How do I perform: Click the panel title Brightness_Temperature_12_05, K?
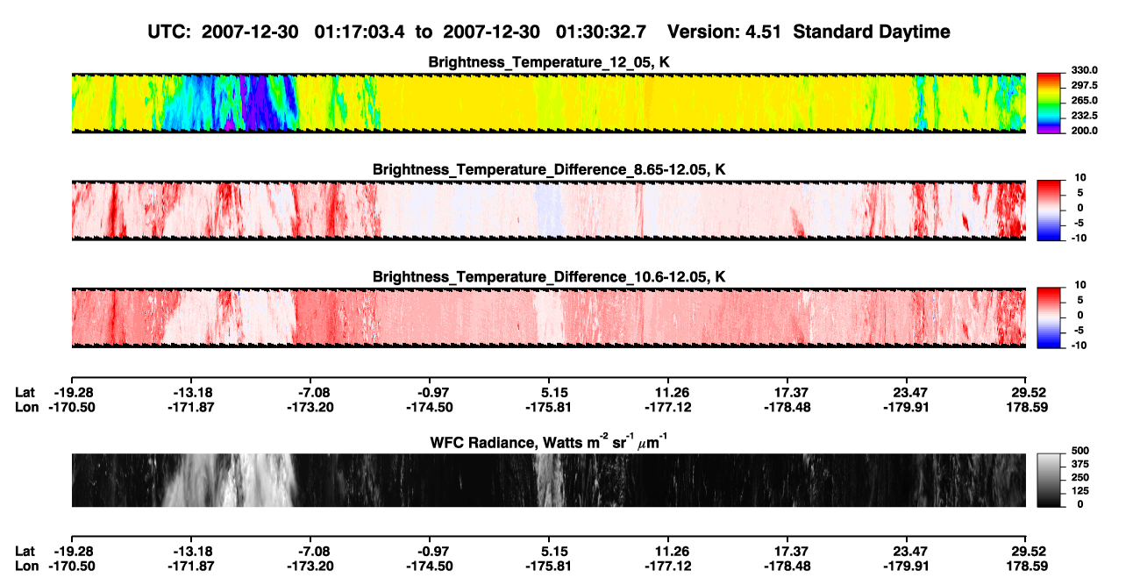[549, 62]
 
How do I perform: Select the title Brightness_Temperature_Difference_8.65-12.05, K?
[549, 169]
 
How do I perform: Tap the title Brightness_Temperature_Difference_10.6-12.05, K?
[549, 277]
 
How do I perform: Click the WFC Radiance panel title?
[549, 442]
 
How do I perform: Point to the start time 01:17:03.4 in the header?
[360, 32]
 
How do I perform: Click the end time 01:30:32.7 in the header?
[601, 32]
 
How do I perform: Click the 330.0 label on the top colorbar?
[1085, 70]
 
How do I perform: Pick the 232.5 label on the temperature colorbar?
[1085, 116]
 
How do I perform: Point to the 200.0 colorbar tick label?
[1085, 131]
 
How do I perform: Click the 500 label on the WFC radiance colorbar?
[1080, 451]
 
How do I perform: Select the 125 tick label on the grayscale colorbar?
[1080, 491]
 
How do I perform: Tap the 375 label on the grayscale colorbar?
[1080, 464]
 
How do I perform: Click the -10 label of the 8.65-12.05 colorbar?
[1079, 239]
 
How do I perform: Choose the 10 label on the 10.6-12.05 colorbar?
[1080, 285]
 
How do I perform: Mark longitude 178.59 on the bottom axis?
[1027, 567]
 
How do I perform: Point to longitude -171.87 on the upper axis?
[191, 408]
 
